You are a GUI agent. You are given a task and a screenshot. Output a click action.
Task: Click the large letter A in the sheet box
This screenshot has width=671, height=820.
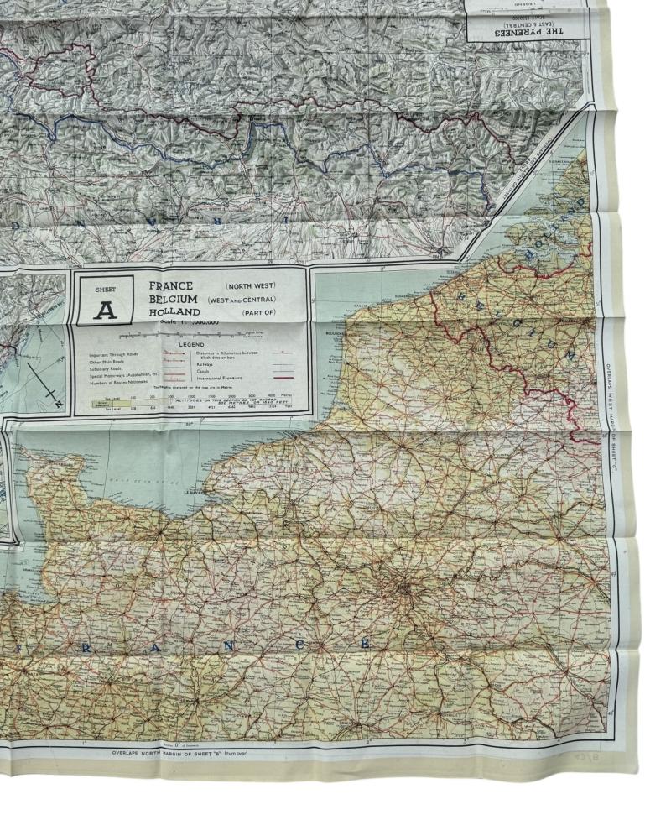105,310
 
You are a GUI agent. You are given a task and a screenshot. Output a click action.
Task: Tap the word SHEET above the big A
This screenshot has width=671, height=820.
105,290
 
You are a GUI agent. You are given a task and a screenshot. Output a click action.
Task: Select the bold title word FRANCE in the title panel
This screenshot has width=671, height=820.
171,285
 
